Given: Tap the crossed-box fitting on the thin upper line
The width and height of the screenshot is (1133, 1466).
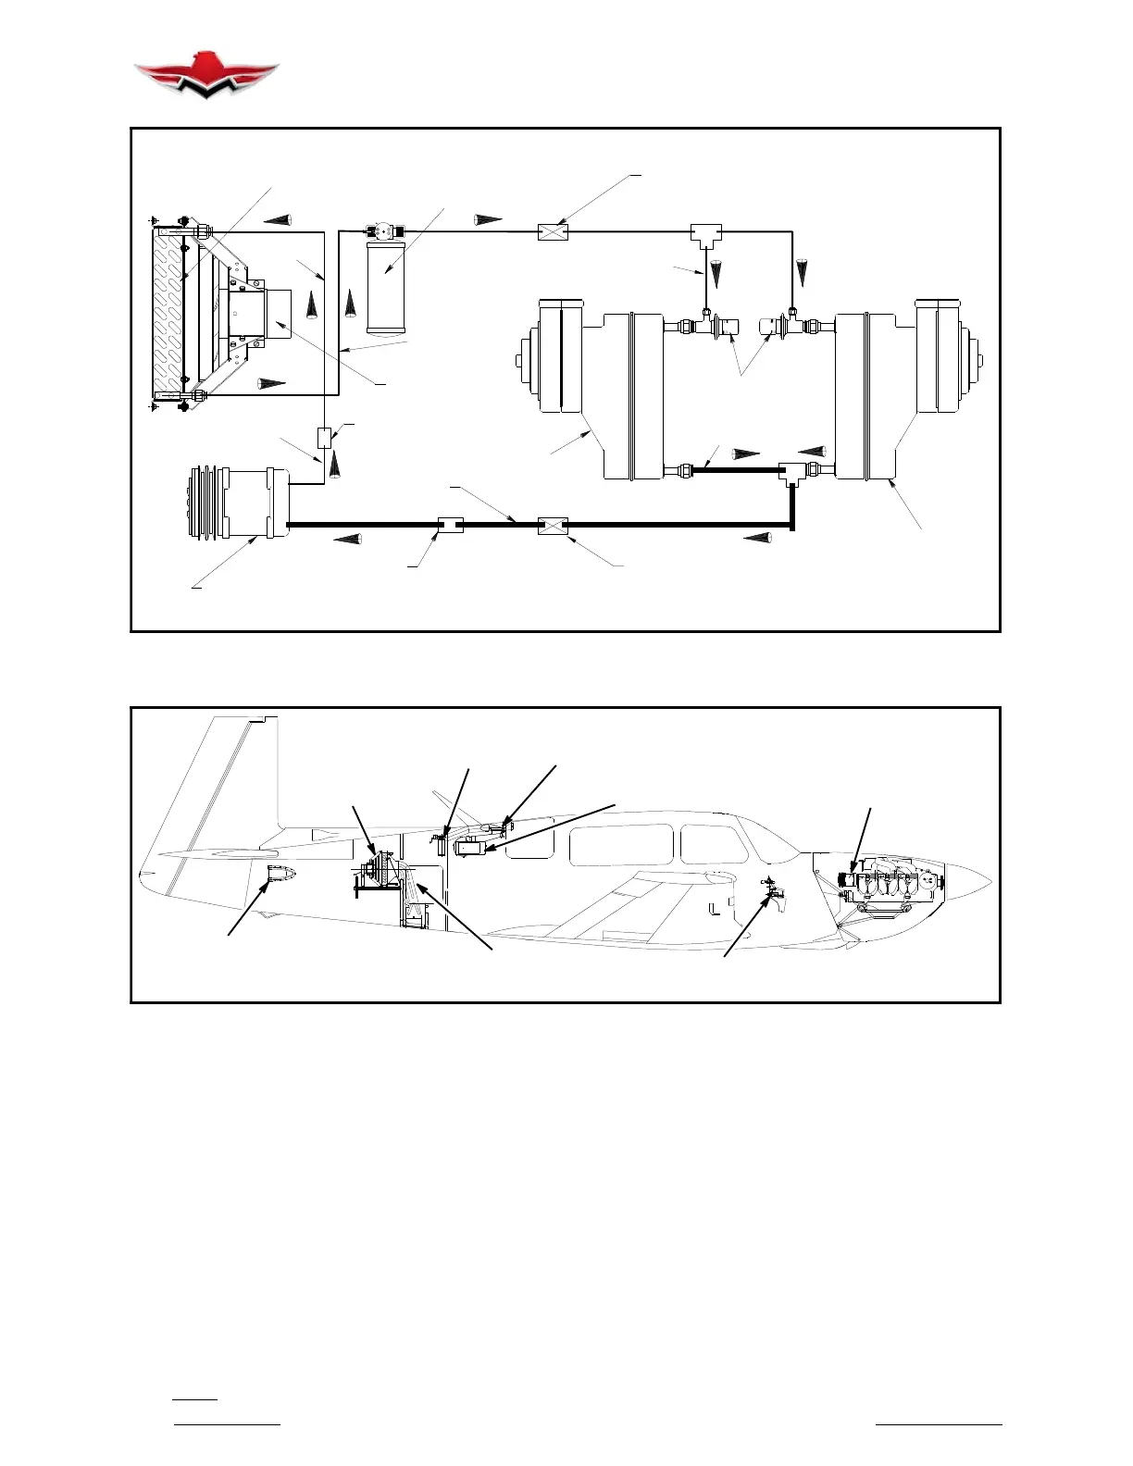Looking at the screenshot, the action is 552,231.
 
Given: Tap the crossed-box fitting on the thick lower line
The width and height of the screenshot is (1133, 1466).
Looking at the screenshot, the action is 552,526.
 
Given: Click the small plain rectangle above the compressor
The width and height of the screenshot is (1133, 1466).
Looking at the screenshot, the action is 325,437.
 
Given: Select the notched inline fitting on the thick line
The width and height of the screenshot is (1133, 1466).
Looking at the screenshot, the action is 450,526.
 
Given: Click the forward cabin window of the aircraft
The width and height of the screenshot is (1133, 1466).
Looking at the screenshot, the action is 713,845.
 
